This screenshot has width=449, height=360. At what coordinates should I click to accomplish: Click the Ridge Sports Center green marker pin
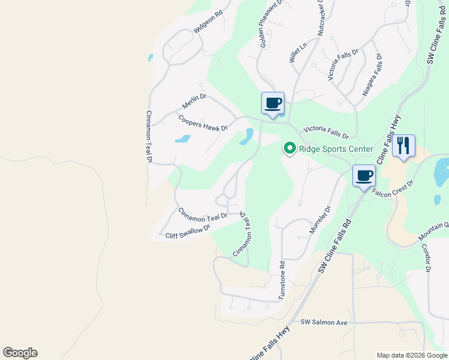[289, 148]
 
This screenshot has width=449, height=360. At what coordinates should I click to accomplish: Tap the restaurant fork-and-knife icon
[403, 145]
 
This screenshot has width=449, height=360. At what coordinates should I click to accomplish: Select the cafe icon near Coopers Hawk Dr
[273, 103]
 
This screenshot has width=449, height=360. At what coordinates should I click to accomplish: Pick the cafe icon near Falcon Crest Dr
[364, 175]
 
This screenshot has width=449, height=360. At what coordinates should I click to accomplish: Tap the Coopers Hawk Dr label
[203, 123]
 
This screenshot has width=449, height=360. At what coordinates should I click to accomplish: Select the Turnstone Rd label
[282, 280]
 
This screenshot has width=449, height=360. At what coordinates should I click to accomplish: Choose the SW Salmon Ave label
[324, 323]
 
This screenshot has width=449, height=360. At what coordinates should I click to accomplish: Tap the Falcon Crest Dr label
[393, 188]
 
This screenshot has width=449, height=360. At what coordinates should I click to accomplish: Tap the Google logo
[20, 353]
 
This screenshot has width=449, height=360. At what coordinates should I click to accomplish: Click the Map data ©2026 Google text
[411, 355]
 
